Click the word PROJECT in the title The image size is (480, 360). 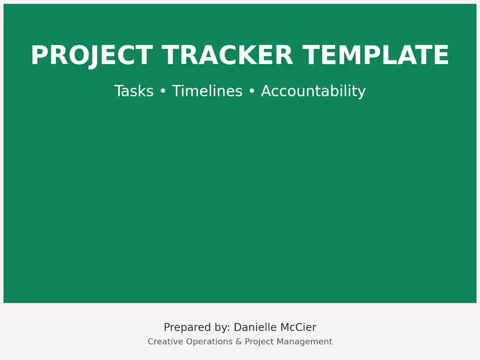91,56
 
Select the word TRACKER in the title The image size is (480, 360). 227,56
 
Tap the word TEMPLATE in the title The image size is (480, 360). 376,56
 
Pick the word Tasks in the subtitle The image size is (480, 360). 134,91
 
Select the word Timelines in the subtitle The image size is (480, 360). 207,91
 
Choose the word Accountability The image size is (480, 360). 313,91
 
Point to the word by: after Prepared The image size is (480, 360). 219,328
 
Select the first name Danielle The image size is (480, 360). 254,327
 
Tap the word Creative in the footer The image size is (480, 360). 165,342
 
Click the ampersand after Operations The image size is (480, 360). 239,342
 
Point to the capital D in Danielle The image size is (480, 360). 237,327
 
